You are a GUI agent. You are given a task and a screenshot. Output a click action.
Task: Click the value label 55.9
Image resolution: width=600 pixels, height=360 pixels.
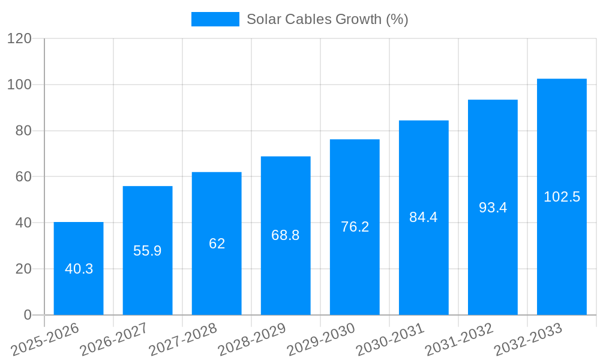click(148, 251)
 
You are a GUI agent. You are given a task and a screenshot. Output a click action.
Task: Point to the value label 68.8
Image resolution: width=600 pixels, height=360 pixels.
click(286, 235)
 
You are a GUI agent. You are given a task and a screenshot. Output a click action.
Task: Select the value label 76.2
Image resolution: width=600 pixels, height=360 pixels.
click(355, 227)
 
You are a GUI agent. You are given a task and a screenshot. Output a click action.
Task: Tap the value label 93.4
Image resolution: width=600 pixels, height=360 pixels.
click(493, 208)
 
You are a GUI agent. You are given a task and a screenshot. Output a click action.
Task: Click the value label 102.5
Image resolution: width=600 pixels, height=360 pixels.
click(562, 197)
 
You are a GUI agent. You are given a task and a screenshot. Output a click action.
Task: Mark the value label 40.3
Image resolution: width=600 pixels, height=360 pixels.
click(79, 269)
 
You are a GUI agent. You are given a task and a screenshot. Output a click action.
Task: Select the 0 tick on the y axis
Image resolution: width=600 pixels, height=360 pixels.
click(27, 315)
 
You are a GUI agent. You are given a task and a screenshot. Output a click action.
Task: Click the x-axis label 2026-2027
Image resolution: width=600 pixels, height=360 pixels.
click(114, 339)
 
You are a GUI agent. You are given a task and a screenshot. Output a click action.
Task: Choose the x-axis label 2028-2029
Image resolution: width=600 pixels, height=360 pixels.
click(252, 339)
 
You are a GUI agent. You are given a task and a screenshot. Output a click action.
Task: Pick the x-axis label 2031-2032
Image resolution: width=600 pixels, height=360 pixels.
click(459, 339)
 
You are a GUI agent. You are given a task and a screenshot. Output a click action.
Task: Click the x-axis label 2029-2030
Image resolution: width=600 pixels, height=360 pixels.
click(321, 339)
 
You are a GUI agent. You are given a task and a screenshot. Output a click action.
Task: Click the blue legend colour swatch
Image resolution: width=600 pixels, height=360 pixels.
click(215, 19)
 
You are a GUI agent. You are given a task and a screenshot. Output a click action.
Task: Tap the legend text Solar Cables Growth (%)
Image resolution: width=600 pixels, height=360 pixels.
click(328, 19)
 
